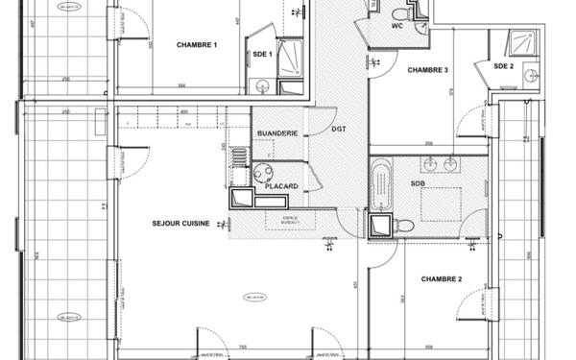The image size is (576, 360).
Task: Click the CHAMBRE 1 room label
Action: [197, 45]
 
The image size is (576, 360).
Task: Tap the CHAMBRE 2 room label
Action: [442, 278]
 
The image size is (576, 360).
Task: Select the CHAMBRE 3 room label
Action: [427, 70]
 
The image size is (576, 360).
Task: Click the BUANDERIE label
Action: [277, 132]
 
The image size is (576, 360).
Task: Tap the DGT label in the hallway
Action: [339, 128]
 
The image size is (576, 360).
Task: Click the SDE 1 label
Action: [263, 55]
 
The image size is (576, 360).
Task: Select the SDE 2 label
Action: [504, 66]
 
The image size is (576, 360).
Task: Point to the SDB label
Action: [418, 182]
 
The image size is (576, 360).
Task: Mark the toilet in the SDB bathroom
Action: [404, 227]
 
